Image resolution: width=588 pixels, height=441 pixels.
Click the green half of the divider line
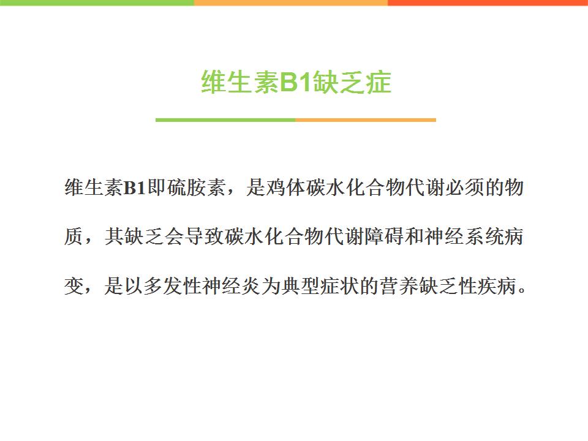(225, 120)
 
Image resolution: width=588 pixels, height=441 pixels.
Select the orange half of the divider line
(366, 120)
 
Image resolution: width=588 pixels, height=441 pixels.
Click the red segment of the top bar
(488, 2)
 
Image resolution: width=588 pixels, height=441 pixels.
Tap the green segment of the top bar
(97, 2)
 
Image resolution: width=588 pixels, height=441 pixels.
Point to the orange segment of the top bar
(291, 2)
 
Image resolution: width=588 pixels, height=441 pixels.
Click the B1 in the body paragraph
(134, 187)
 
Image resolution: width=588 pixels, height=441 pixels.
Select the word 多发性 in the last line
(173, 286)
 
